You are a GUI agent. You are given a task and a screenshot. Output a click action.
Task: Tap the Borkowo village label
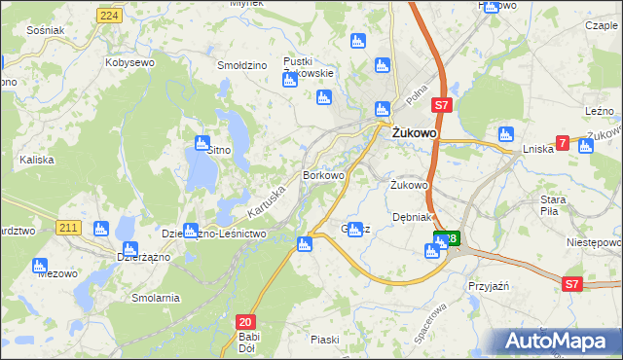(x=324, y=175)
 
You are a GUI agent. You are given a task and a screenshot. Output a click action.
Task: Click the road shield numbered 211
(x=67, y=228)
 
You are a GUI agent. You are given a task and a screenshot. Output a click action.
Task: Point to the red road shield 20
(x=245, y=321)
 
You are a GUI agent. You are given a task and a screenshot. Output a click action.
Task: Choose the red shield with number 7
(x=563, y=143)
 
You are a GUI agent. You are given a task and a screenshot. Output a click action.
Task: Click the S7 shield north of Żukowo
(x=441, y=104)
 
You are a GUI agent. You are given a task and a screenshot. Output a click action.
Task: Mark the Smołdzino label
(x=242, y=65)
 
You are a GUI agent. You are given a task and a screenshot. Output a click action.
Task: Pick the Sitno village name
(x=218, y=151)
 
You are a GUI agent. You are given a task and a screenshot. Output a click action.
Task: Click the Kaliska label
(x=37, y=158)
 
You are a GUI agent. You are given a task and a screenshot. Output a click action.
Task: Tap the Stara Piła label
(x=554, y=205)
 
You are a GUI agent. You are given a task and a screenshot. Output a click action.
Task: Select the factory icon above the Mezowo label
(x=40, y=265)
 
